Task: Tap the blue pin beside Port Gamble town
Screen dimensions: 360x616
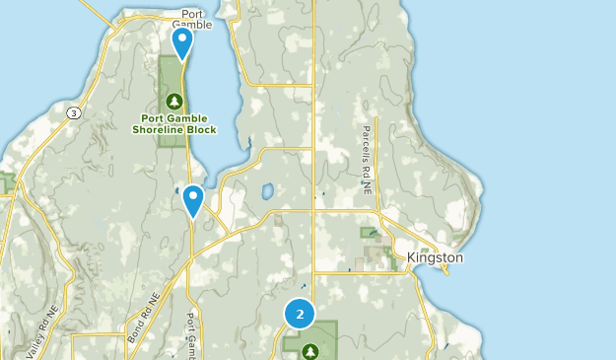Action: pos(182,42)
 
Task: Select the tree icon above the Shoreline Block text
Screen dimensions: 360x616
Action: pos(175,100)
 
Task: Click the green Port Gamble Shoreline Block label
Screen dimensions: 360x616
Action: pos(176,122)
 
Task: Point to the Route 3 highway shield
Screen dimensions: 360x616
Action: pos(74,113)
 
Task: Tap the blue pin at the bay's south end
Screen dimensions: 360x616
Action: pos(193,200)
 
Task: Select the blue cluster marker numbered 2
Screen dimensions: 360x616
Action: pos(300,314)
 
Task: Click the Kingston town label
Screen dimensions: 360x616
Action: pos(435,257)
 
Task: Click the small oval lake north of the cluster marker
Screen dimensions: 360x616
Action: pos(266,191)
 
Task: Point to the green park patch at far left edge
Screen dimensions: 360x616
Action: pos(7,181)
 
